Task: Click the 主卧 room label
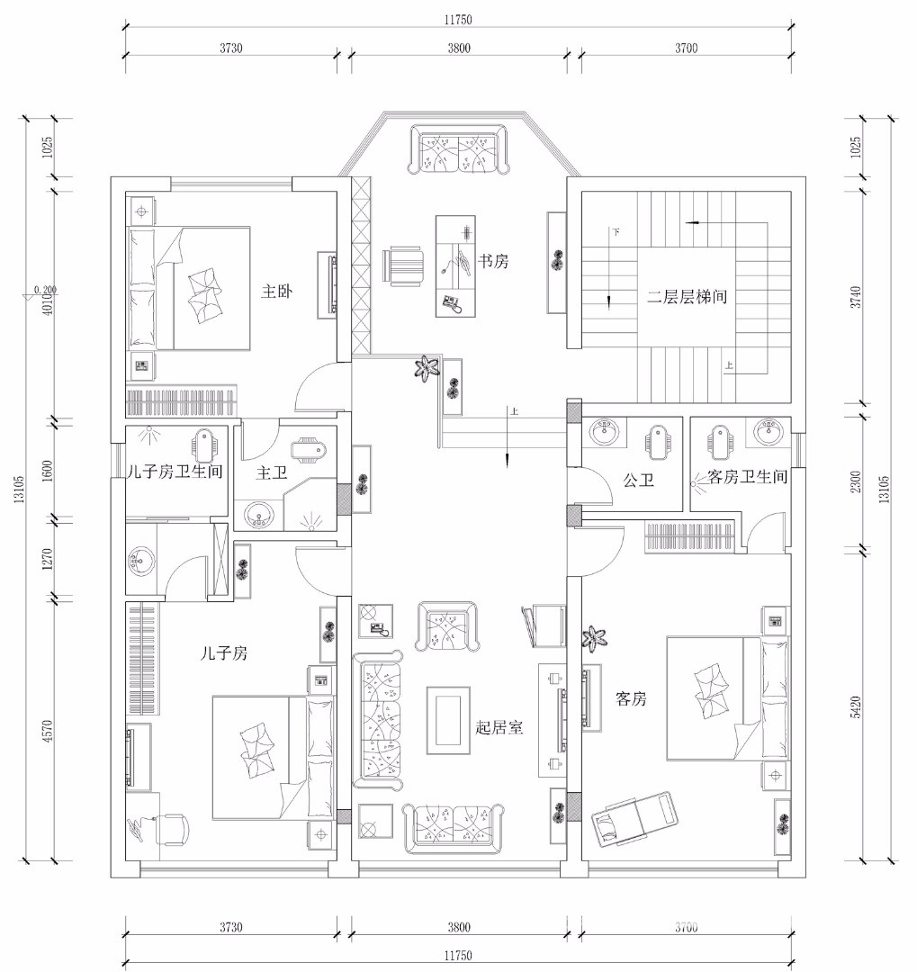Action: point(276,291)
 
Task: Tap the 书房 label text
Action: point(493,261)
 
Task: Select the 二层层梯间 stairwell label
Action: point(687,297)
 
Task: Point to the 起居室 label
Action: point(499,727)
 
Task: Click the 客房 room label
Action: point(631,698)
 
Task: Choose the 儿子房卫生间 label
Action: point(175,472)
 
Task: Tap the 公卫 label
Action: point(639,481)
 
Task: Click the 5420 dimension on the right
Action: point(856,706)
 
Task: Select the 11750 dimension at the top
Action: point(457,20)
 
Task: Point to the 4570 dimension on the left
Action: point(49,730)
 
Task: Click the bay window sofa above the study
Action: point(459,149)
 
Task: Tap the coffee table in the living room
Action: point(448,720)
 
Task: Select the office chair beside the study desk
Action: point(403,266)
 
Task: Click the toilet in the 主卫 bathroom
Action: point(308,449)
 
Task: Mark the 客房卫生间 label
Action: point(748,477)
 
